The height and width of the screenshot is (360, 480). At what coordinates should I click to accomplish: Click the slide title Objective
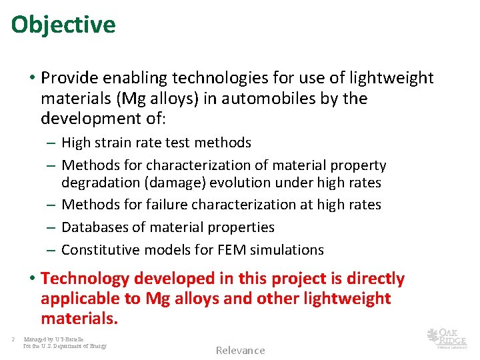pyautogui.click(x=63, y=25)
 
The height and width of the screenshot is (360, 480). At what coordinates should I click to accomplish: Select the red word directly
pyautogui.click(x=370, y=279)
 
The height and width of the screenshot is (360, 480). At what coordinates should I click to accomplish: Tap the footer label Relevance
pyautogui.click(x=240, y=351)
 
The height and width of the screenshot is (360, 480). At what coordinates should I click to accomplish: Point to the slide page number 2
pyautogui.click(x=13, y=339)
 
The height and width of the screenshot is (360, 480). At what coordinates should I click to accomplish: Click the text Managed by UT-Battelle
pyautogui.click(x=54, y=339)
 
